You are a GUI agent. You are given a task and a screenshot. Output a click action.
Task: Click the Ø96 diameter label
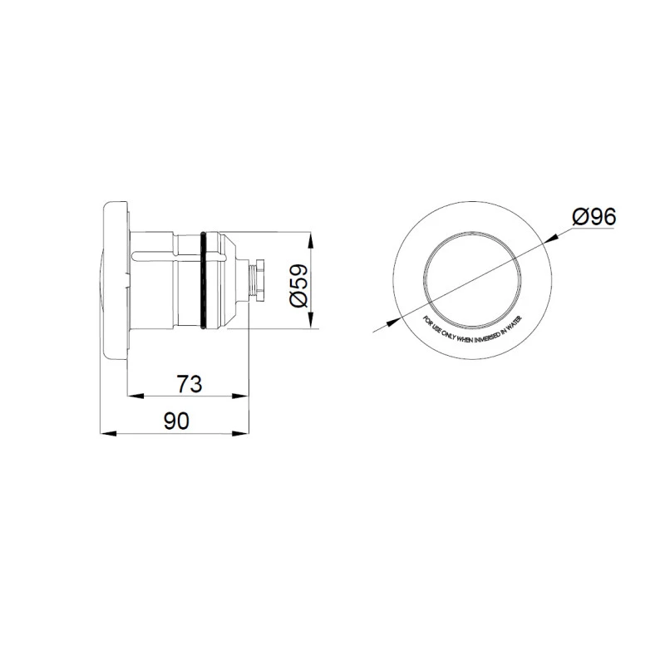[x=594, y=218]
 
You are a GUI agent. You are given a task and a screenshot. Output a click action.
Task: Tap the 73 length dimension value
[x=190, y=384]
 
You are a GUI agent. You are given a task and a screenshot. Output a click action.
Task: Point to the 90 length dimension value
[x=176, y=421]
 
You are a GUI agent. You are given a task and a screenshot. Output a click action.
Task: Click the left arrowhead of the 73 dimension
[x=131, y=397]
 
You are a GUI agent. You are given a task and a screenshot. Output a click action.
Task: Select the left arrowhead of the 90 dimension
[x=103, y=432]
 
